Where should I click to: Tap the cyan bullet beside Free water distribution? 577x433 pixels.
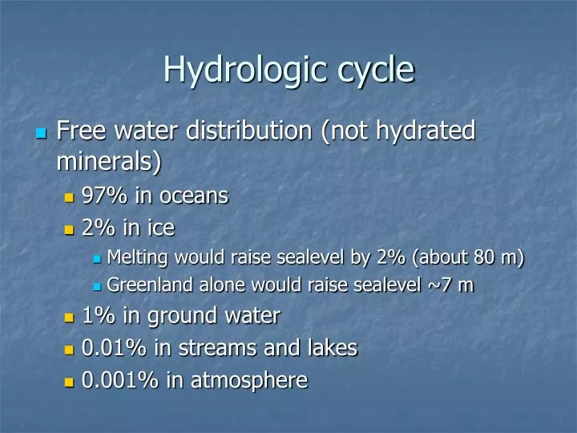pyautogui.click(x=41, y=133)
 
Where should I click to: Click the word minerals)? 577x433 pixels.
pyautogui.click(x=109, y=161)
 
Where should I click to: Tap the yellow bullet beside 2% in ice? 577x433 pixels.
pyautogui.click(x=69, y=230)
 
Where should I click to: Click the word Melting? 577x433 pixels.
pyautogui.click(x=135, y=257)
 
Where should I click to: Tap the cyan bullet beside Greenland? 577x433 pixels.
pyautogui.click(x=97, y=286)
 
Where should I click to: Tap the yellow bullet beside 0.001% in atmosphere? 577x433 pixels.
pyautogui.click(x=69, y=382)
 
